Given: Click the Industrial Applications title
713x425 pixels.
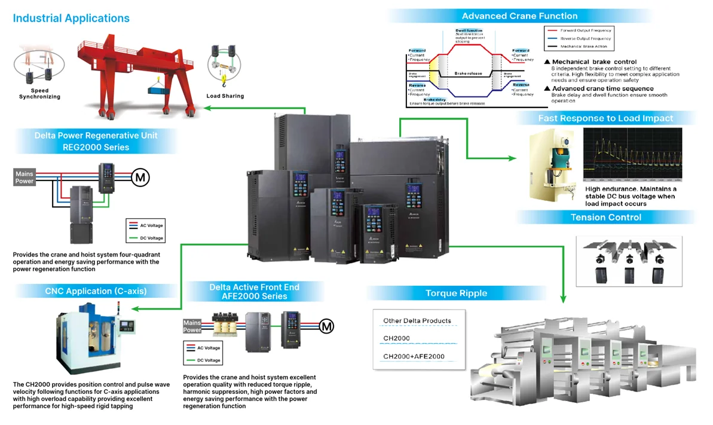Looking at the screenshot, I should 71,18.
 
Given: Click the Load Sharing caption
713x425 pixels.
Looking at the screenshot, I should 225,96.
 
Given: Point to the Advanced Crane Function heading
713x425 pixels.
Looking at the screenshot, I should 519,16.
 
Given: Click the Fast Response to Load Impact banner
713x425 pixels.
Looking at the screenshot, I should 605,118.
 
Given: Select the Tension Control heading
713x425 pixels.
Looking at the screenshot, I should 605,217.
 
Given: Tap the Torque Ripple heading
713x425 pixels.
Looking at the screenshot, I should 456,293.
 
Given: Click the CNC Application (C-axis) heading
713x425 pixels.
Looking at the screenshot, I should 96,292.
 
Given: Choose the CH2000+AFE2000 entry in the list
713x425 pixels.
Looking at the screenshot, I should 414,357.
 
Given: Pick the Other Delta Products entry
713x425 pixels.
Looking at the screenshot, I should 417,321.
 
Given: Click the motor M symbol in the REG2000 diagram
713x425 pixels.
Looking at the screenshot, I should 141,177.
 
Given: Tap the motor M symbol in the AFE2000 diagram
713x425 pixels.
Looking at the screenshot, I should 326,326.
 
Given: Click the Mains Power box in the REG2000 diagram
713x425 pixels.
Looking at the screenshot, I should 25,178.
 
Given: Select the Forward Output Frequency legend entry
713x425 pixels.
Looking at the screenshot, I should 585,30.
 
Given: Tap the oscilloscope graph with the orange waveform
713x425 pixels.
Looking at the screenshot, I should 632,154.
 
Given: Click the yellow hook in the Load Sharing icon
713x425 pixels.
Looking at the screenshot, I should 224,76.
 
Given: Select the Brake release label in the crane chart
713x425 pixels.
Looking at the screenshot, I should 468,73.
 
